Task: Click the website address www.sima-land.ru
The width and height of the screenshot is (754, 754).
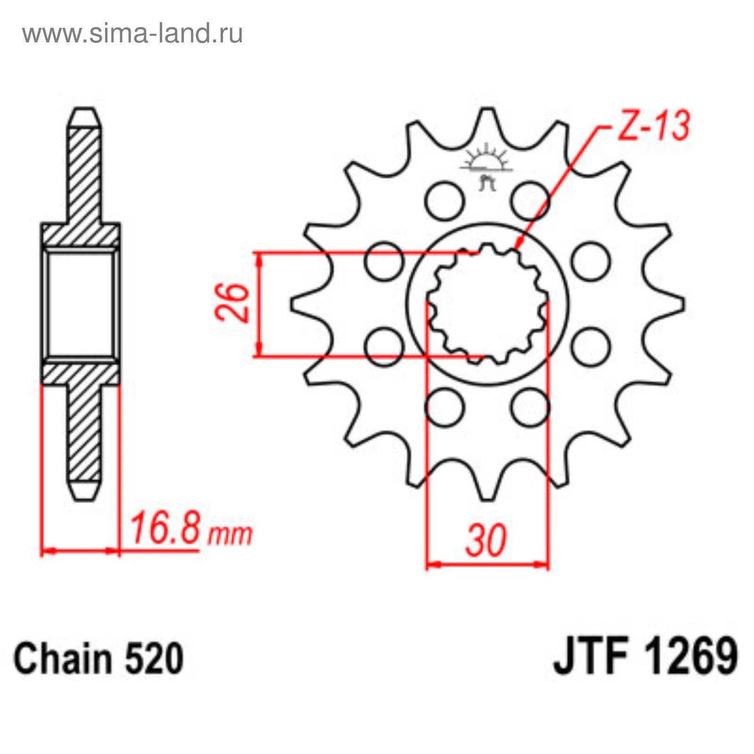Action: click(x=132, y=33)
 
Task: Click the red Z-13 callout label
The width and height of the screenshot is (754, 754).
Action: click(x=654, y=125)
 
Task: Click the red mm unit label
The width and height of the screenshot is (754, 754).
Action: click(x=230, y=535)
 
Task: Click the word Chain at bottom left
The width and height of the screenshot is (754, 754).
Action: click(x=61, y=658)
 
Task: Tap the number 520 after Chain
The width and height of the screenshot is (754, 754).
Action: click(x=154, y=658)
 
